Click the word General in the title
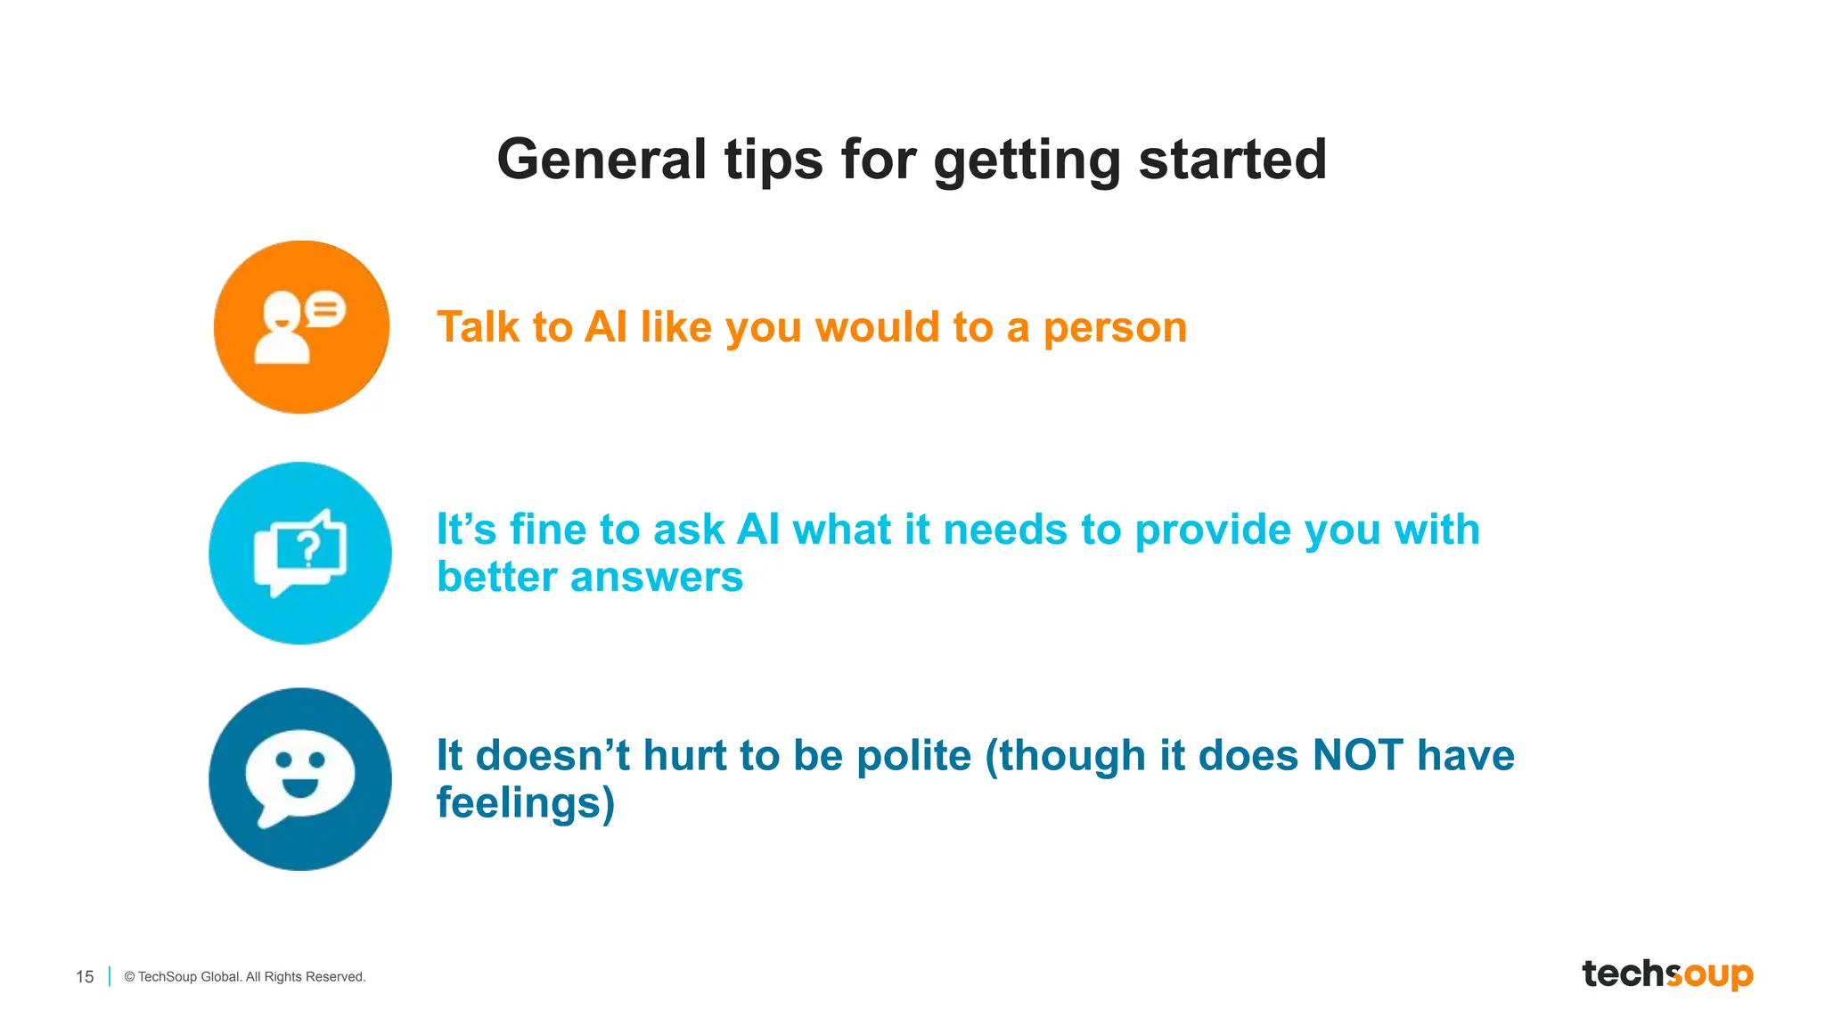pos(602,160)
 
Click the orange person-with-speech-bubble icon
pos(301,326)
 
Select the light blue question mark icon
pos(300,553)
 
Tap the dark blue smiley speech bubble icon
pos(300,778)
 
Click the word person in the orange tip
pos(1115,328)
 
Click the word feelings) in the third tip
pos(525,803)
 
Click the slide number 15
pos(85,977)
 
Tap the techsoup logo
pos(1666,974)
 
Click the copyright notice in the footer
pos(245,977)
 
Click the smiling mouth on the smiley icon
pos(299,787)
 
